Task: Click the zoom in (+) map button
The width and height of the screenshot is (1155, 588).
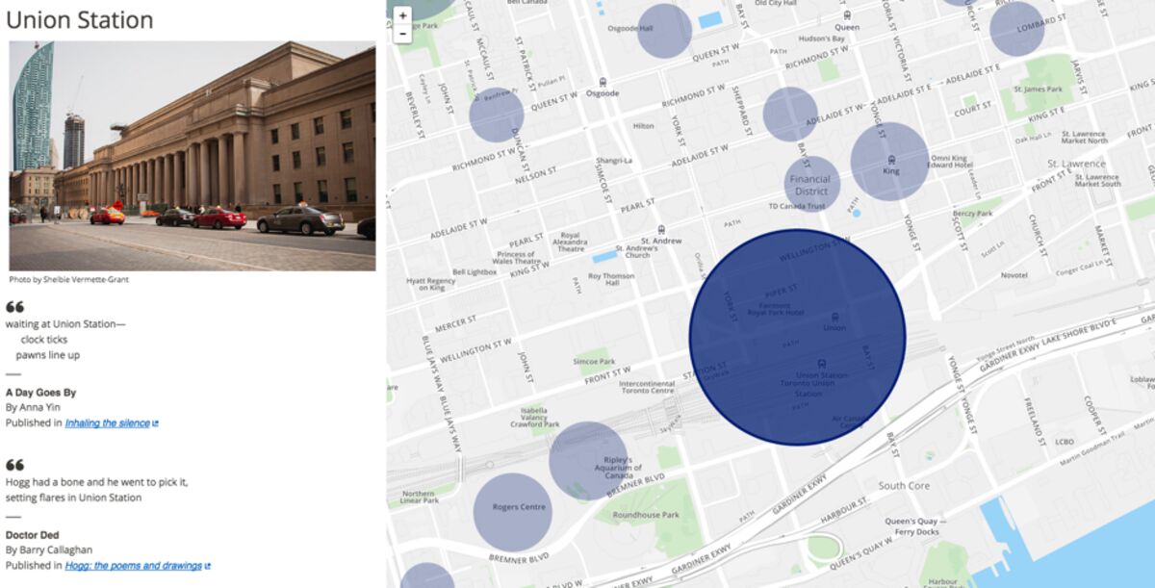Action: [402, 15]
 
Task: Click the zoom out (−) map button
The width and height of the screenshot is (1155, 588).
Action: [402, 34]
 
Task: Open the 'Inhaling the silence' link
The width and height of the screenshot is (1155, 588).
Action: [107, 422]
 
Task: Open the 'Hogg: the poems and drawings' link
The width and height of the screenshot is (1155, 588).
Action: [133, 566]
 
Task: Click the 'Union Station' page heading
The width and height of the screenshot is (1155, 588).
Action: [80, 20]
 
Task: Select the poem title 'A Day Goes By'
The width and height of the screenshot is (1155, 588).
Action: [40, 393]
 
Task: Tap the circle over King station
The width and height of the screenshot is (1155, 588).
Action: [889, 162]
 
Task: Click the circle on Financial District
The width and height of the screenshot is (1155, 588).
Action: [811, 184]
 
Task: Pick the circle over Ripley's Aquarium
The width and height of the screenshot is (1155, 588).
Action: [589, 461]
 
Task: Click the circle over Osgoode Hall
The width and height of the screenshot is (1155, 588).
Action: [664, 31]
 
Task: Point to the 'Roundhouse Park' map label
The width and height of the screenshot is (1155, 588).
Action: [646, 515]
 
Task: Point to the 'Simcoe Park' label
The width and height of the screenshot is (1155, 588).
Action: [594, 362]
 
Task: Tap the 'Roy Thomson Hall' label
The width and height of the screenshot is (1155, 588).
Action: [610, 279]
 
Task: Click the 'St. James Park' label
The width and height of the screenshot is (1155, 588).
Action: [1037, 89]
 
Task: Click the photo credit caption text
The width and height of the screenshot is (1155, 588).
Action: [68, 280]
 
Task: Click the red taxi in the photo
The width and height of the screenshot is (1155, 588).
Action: [108, 217]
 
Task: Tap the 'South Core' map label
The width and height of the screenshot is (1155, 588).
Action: [904, 486]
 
